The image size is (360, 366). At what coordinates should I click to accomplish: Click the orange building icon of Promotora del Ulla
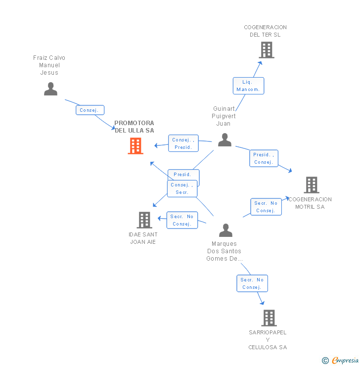point(135,146)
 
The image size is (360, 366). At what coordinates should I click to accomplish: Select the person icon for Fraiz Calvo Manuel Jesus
point(50,89)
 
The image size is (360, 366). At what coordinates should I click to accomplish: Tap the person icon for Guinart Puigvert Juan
point(225,140)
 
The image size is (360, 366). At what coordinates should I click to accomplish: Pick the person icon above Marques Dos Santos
point(225,230)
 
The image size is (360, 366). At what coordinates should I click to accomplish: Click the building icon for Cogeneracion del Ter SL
point(266,50)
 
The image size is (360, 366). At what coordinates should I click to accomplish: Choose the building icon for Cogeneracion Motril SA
point(311,185)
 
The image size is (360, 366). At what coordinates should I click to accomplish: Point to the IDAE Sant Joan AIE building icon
point(144,220)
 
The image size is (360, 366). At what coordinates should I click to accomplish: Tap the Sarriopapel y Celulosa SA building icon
point(269,318)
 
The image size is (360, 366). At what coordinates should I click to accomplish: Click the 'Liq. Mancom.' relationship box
point(248,86)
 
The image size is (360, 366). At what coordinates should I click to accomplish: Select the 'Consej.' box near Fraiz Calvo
point(90,110)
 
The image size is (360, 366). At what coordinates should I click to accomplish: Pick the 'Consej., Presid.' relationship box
point(183,143)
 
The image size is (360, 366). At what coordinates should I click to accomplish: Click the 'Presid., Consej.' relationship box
point(263,158)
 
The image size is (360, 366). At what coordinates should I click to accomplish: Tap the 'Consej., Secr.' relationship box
point(182,188)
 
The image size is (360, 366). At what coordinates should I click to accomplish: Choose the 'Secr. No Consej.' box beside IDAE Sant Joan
point(182,220)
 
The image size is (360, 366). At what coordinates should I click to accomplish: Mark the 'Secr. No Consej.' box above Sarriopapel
point(252,283)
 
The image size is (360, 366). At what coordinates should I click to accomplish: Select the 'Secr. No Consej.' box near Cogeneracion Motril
point(266,207)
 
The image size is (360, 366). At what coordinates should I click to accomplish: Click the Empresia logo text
point(345,361)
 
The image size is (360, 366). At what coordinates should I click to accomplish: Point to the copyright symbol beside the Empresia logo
point(325,361)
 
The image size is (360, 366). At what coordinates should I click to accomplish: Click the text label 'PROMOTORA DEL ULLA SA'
point(134,127)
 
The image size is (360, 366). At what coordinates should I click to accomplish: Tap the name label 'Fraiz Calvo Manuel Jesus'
point(49,65)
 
